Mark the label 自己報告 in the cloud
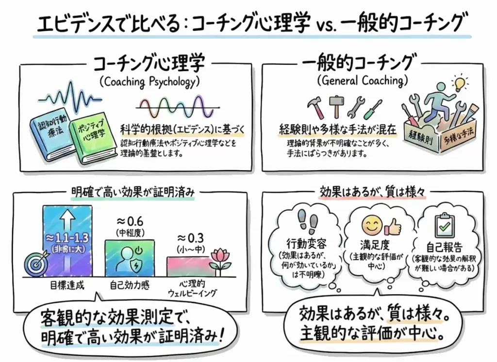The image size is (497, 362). pos(443,246)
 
